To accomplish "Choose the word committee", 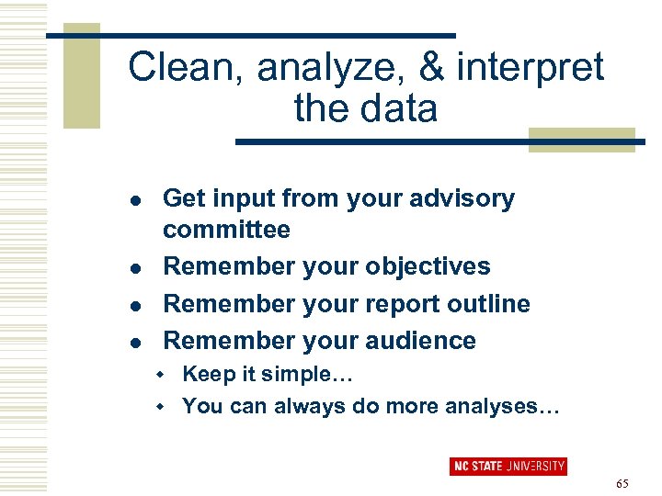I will [226, 230].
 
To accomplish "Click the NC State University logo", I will [508, 466].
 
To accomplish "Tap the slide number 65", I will [622, 483].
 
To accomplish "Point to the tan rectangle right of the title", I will [581, 140].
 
